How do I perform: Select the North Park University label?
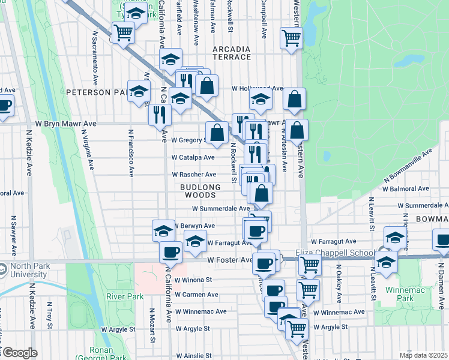click(x=24, y=271)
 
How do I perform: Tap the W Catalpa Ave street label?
click(x=193, y=157)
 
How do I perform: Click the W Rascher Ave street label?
click(x=194, y=175)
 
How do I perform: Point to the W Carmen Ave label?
click(x=196, y=295)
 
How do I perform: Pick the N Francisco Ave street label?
click(x=130, y=152)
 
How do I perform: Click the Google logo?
click(x=20, y=353)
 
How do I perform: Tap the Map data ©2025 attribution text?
click(x=423, y=355)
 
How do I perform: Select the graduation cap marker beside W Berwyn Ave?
click(x=163, y=230)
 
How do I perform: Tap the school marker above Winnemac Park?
click(x=387, y=262)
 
